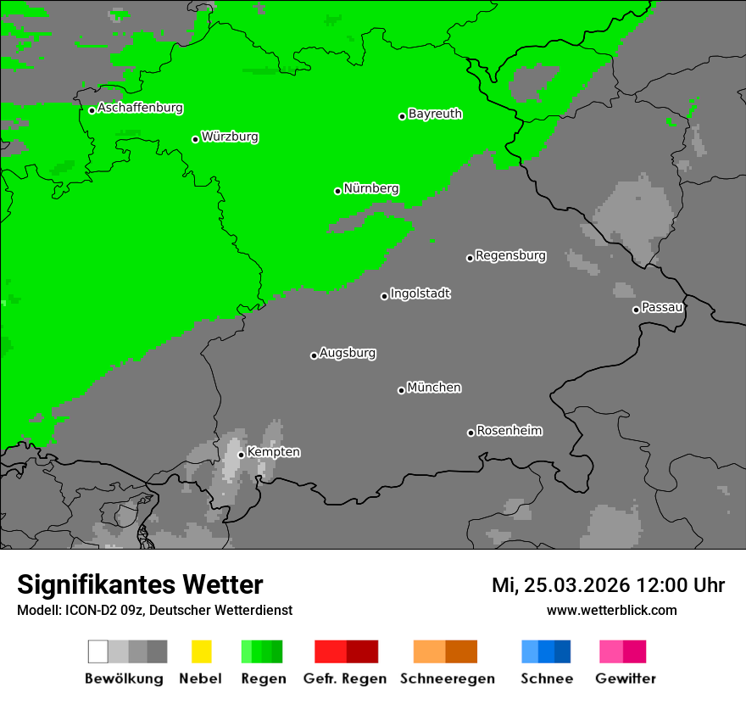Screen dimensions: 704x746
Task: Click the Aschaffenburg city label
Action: click(140, 109)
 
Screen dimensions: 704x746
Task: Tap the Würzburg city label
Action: click(230, 137)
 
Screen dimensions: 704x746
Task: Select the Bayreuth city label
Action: click(435, 115)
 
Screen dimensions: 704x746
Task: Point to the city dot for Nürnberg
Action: click(337, 191)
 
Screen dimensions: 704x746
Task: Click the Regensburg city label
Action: click(510, 255)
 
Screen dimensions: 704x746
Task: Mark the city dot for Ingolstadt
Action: click(384, 296)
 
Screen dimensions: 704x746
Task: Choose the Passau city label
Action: click(662, 308)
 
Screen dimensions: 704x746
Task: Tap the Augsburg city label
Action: click(348, 354)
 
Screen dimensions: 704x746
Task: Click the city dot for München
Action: click(401, 390)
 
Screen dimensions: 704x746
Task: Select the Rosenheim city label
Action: click(509, 431)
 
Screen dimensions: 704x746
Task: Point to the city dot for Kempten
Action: click(241, 455)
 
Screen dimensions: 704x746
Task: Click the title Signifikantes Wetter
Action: click(140, 584)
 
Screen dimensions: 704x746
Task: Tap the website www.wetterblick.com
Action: click(611, 610)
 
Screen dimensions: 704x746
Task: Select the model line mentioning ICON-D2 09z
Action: click(154, 610)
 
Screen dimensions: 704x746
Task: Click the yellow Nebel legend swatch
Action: click(201, 651)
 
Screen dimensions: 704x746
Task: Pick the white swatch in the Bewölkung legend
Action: click(97, 651)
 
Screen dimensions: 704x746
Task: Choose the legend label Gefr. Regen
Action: click(346, 679)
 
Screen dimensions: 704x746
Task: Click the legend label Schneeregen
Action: click(447, 679)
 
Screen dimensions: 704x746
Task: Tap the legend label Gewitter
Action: click(625, 679)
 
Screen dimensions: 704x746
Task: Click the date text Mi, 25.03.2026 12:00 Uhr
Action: click(608, 585)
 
